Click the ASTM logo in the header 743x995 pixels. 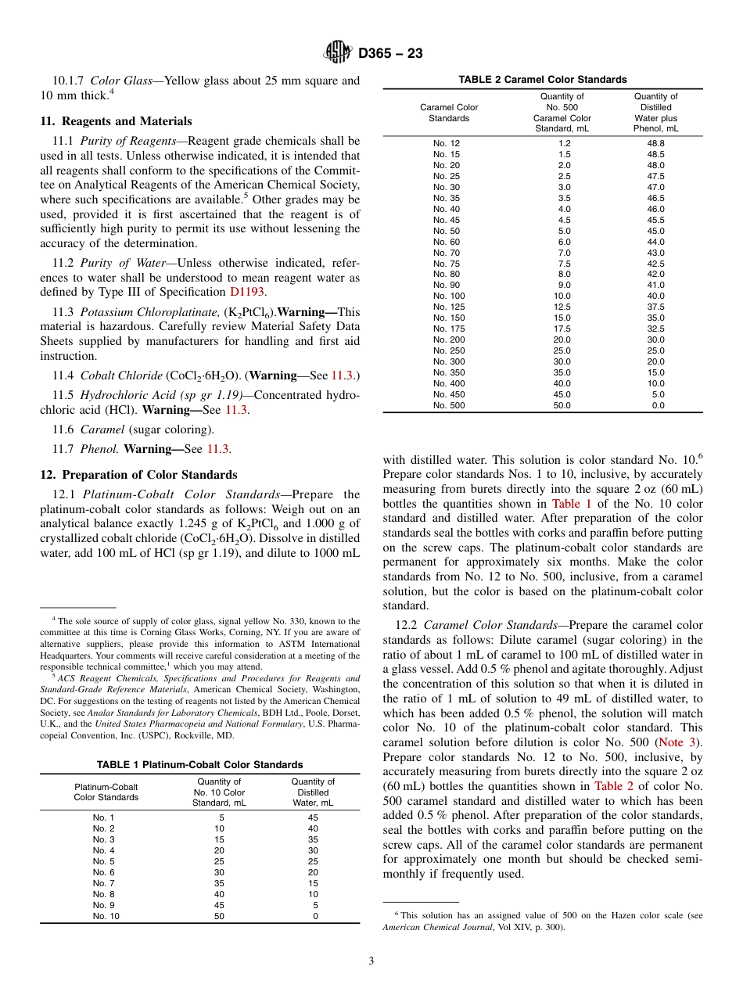(x=339, y=53)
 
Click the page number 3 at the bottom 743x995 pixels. (x=371, y=961)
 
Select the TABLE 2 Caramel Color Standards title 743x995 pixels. (x=542, y=80)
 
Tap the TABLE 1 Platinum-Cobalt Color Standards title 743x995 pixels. (x=199, y=764)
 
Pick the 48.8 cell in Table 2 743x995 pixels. (x=655, y=143)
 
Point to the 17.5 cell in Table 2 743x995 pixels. (x=562, y=329)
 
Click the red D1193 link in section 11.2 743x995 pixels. (x=247, y=292)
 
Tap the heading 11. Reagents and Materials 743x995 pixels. (x=116, y=121)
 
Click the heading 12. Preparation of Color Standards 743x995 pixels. (x=138, y=475)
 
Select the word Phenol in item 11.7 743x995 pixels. (x=99, y=449)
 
